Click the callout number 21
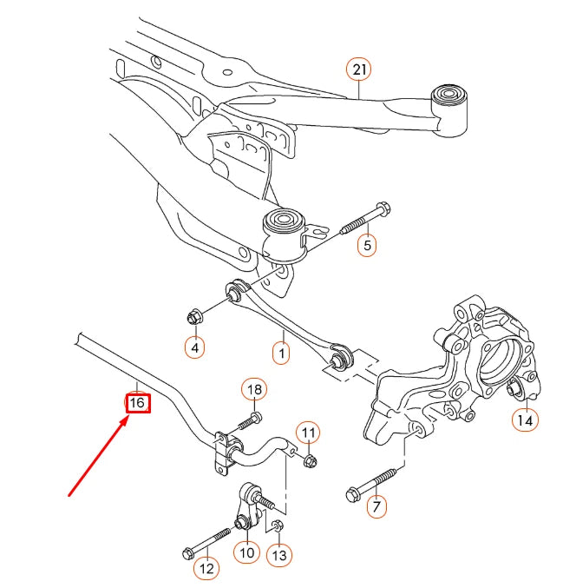358,69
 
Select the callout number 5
367,246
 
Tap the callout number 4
195,348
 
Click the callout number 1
280,353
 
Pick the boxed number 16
137,403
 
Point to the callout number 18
253,390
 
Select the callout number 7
376,506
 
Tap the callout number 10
247,551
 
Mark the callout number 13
278,555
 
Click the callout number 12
206,569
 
